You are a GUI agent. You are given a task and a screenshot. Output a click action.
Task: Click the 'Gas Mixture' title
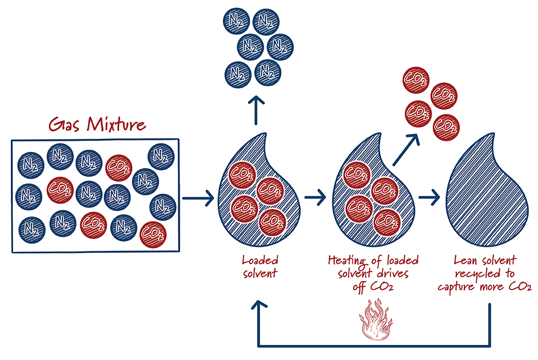click(x=97, y=124)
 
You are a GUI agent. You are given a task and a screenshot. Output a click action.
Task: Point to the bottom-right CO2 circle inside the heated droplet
click(x=386, y=219)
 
